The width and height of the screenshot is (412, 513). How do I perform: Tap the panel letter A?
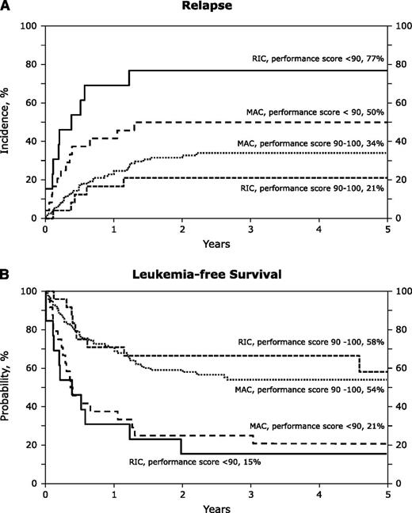pyautogui.click(x=6, y=9)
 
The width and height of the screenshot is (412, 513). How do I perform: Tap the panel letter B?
pyautogui.click(x=6, y=276)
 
